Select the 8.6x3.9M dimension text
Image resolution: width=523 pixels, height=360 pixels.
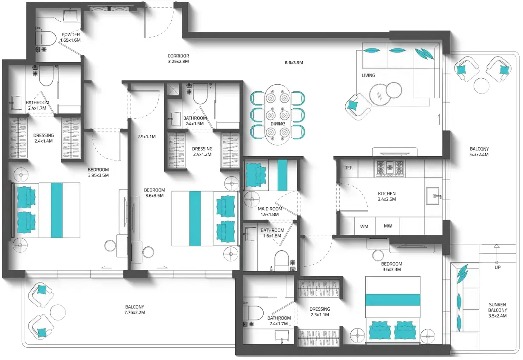click(x=293, y=63)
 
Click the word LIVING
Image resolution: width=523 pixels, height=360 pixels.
click(x=368, y=75)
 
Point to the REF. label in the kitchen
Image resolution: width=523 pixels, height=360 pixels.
click(x=349, y=168)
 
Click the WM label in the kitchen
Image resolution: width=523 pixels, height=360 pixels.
click(x=364, y=226)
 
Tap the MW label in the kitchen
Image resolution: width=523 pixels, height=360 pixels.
click(x=388, y=226)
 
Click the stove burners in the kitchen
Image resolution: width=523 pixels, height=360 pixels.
click(x=389, y=169)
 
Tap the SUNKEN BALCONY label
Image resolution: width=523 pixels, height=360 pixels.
click(x=497, y=310)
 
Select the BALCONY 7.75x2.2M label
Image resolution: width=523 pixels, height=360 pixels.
click(x=135, y=309)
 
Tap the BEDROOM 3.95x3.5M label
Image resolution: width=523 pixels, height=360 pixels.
click(x=98, y=172)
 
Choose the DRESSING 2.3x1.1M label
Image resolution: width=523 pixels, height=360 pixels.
click(x=320, y=312)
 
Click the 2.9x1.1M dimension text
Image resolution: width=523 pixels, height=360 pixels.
click(x=146, y=137)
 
